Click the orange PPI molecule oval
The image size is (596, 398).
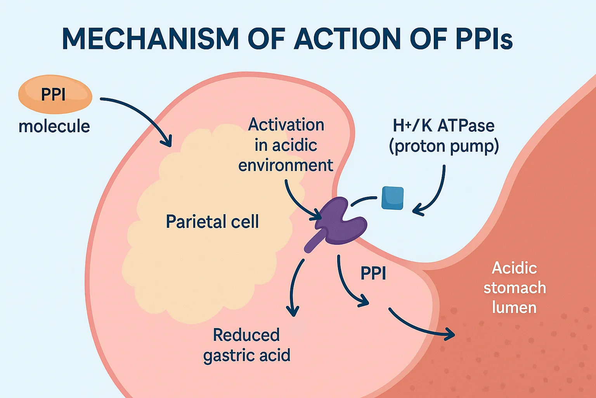click(x=55, y=94)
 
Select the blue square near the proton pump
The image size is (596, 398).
click(x=392, y=198)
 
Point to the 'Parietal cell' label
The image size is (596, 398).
click(x=212, y=221)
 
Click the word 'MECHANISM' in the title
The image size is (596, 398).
click(x=151, y=38)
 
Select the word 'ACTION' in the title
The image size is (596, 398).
click(x=347, y=38)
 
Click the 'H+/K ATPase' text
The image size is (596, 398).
click(x=444, y=126)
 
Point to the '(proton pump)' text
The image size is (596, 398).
click(x=444, y=147)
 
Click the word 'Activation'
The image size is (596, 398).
click(x=286, y=124)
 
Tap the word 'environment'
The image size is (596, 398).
click(x=286, y=165)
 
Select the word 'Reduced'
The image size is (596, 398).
click(x=246, y=335)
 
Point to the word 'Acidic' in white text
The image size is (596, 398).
click(x=514, y=268)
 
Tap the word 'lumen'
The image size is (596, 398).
click(x=514, y=307)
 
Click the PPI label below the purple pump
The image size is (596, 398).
click(x=373, y=273)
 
